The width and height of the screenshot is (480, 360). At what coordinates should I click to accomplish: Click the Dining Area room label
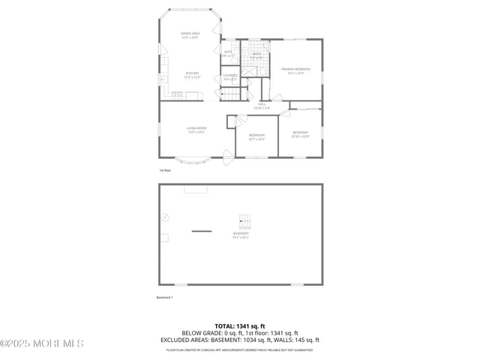click(x=190, y=34)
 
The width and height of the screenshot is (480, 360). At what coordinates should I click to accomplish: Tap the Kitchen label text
click(x=192, y=74)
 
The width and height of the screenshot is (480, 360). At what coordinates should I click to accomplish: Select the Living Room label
click(x=196, y=130)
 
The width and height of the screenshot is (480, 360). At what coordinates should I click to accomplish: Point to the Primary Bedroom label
click(x=295, y=70)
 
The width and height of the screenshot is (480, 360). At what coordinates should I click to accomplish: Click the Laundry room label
click(x=230, y=76)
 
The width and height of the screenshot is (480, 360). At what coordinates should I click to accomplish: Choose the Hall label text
click(x=262, y=106)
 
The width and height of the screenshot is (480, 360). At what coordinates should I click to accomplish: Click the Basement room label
click(x=240, y=235)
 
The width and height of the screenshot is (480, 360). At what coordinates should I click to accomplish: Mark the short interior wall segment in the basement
click(x=201, y=232)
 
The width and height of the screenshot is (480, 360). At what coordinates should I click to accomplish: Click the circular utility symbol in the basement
click(x=166, y=217)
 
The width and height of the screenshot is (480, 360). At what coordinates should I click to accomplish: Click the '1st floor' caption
click(x=165, y=171)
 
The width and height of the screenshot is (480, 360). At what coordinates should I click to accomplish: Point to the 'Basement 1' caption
click(x=164, y=298)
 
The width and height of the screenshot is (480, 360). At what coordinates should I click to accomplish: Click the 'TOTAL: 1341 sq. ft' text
click(x=240, y=326)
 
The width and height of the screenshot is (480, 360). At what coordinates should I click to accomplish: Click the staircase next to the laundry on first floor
click(x=232, y=94)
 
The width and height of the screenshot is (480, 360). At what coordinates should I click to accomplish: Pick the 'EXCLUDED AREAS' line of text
click(x=240, y=340)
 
